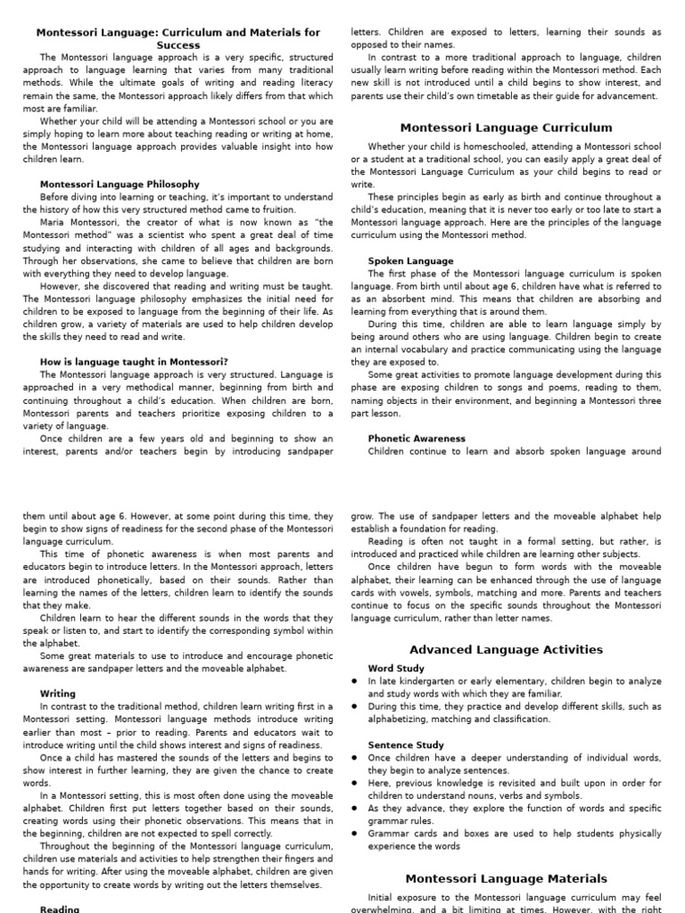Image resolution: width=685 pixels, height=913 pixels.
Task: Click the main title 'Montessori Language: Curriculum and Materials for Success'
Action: [x=177, y=38]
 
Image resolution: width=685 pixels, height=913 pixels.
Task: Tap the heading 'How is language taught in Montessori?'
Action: [x=134, y=361]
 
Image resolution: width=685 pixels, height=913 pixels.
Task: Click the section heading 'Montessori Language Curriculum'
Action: [x=506, y=127]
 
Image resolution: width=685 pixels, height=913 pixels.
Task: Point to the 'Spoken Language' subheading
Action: [x=410, y=261]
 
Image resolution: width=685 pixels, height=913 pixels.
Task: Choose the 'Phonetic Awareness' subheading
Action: [x=417, y=439]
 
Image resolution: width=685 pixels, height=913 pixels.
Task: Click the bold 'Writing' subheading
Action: [x=58, y=693]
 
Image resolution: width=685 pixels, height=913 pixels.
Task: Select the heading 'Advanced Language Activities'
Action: [x=506, y=649]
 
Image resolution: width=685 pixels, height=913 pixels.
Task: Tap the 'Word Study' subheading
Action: [x=396, y=668]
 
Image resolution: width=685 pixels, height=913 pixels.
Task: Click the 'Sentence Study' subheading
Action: [x=406, y=744]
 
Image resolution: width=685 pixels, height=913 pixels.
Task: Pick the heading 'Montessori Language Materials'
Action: [x=506, y=878]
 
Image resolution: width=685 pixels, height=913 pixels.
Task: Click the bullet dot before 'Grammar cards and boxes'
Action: [x=355, y=835]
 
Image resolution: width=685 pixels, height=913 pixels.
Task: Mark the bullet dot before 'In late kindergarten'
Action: [x=355, y=681]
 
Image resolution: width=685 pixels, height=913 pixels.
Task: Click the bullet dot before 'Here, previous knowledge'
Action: [x=355, y=784]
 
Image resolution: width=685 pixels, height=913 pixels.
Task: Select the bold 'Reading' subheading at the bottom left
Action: [x=60, y=909]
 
